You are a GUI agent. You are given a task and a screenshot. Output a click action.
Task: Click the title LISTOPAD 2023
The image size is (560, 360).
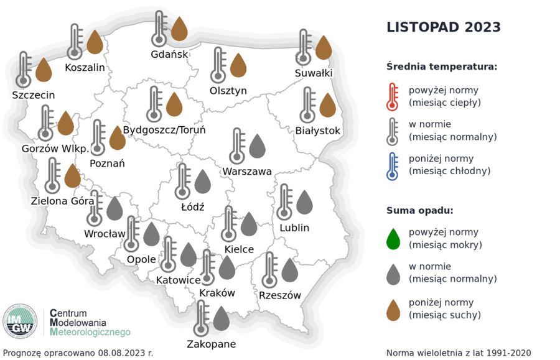coord(443,27)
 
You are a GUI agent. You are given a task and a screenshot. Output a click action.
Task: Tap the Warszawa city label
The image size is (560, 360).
coord(248,171)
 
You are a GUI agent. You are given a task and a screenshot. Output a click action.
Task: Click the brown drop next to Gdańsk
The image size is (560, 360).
coord(179,29)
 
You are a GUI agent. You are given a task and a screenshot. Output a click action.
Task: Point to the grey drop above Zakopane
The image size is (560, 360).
coord(222,318)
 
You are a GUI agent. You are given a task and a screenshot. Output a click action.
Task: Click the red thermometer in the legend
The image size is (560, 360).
coord(392,96)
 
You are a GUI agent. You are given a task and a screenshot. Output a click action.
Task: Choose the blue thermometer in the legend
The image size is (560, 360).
coord(392,165)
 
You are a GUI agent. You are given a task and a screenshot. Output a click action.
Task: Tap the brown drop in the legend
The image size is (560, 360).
coord(393,309)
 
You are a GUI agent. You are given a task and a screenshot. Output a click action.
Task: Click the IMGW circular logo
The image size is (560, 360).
coord(20,321)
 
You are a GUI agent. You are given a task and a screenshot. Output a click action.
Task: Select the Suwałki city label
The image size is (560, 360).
coord(314,73)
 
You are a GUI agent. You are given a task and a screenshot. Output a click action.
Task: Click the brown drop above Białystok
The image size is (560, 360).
coord(327,105)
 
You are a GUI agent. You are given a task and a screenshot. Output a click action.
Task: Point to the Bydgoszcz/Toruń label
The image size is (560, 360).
coord(164,131)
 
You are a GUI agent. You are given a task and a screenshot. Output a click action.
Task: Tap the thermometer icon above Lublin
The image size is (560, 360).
coord(285,201)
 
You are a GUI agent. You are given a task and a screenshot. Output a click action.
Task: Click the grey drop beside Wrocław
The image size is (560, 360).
coord(114,209)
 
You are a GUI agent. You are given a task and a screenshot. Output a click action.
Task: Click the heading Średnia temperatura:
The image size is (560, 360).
coord(441,67)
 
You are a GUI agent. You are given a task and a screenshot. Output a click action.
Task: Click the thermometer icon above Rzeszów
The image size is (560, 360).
coord(270,270)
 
